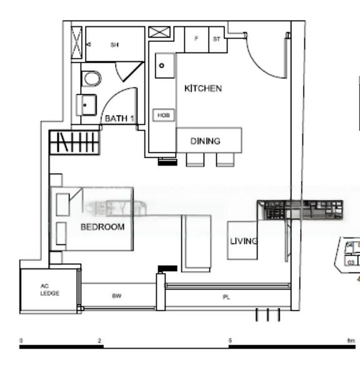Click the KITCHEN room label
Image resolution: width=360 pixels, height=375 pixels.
202,89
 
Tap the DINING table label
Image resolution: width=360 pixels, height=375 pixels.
205,141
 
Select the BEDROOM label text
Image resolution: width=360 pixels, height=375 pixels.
102,227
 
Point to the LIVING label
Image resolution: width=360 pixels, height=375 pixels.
244,241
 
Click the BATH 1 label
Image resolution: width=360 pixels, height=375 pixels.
119,118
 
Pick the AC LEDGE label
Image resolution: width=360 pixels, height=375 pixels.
50,290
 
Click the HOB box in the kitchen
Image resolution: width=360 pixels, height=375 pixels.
163,116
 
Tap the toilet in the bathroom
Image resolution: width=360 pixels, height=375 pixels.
91,79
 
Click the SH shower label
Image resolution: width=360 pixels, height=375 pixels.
114,44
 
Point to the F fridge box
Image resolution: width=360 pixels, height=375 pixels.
196,39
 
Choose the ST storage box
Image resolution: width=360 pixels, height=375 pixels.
217,39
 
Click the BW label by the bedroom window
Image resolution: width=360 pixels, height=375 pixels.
116,296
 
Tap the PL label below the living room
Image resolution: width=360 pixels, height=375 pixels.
226,297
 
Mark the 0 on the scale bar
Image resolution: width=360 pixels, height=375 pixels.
22,341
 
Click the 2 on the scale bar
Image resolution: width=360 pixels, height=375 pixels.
99,341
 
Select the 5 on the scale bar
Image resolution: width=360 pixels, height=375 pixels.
230,341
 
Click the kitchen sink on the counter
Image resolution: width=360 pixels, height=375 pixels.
164,65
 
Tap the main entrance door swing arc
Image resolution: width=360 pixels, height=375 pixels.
266,62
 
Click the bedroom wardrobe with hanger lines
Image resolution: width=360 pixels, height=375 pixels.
74,142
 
